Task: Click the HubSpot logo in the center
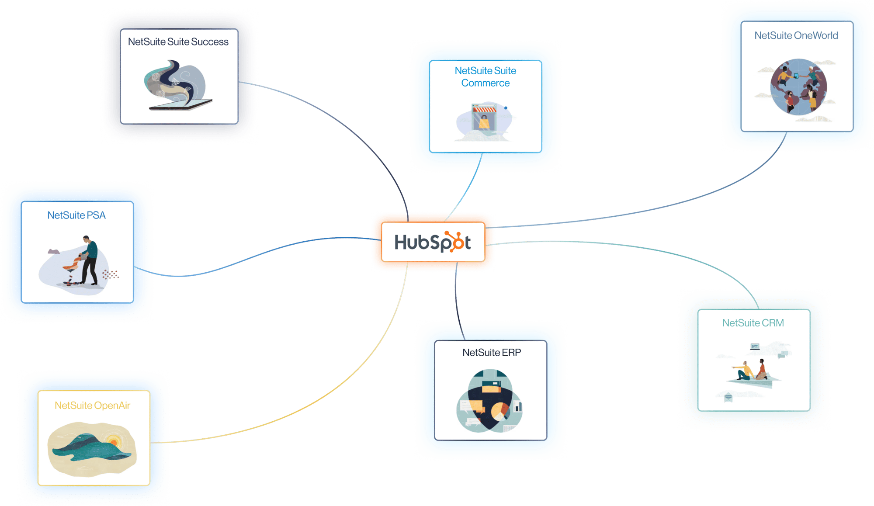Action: [x=432, y=242]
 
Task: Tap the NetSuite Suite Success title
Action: [x=178, y=42]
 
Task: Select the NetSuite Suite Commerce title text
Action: [x=485, y=77]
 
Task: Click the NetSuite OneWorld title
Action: [x=796, y=36]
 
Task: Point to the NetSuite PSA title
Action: [x=76, y=215]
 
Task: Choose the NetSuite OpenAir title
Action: [x=93, y=405]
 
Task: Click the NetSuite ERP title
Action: [x=492, y=353]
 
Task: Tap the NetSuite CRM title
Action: [x=753, y=323]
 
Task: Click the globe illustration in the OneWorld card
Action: [x=798, y=87]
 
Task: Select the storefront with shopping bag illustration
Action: [x=484, y=117]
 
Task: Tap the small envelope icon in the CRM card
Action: [x=728, y=397]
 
